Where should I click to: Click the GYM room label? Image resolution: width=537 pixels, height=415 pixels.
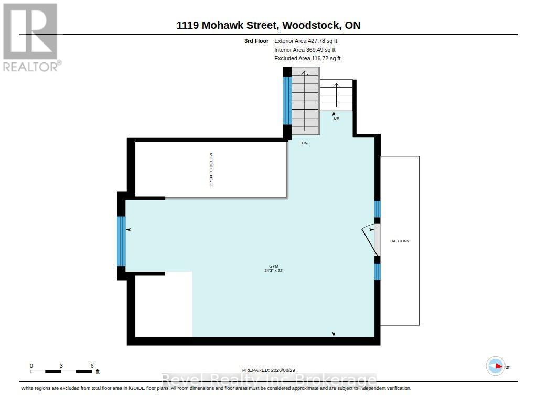[274, 266]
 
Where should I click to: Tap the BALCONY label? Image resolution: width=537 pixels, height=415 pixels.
[400, 241]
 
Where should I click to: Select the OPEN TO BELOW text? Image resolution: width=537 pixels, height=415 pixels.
[211, 169]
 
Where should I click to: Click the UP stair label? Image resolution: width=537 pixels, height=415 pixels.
[336, 118]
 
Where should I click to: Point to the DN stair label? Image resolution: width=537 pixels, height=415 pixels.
[305, 143]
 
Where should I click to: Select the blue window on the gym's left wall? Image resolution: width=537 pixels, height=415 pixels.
[121, 241]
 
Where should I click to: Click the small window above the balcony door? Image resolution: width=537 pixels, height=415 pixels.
[377, 209]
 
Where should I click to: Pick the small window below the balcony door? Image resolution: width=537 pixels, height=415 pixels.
[377, 272]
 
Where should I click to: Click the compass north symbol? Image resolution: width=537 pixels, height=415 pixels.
[496, 366]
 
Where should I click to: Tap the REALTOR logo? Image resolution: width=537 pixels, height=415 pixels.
[31, 37]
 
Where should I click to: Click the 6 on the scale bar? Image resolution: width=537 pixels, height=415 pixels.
[92, 366]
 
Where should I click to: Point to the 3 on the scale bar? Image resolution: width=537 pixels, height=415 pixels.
[61, 366]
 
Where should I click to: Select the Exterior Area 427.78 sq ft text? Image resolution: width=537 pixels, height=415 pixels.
[306, 41]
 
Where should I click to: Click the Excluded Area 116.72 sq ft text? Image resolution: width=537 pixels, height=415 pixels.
[307, 59]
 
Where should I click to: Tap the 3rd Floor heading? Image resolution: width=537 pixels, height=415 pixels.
[256, 41]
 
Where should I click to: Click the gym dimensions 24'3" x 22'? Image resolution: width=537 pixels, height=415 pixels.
[274, 270]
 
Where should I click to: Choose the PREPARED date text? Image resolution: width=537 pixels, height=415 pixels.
[268, 370]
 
